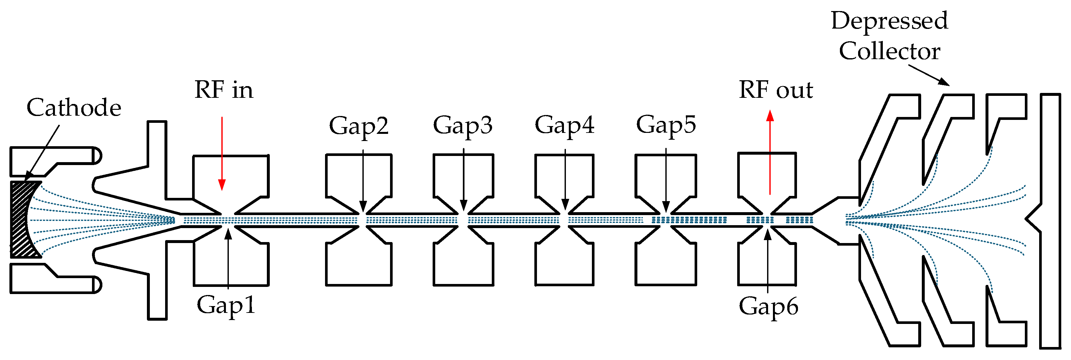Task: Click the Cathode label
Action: coord(74,108)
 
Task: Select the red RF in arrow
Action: coord(222,154)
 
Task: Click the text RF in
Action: coord(224,90)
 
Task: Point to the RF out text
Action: coord(776,90)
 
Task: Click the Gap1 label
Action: coord(226,305)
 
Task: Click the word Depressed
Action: coord(889,21)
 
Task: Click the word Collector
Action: coord(889,51)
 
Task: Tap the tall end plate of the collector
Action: coord(1050,220)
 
